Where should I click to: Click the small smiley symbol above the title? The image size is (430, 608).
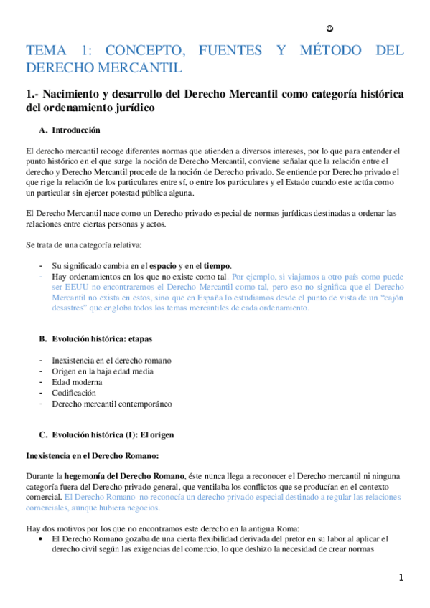pyautogui.click(x=329, y=29)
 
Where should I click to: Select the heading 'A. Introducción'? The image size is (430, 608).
pyautogui.click(x=75, y=130)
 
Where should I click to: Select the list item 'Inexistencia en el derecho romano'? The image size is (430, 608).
pyautogui.click(x=111, y=360)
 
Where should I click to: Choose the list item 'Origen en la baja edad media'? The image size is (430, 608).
pyautogui.click(x=103, y=371)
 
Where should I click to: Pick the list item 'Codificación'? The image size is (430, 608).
pyautogui.click(x=73, y=393)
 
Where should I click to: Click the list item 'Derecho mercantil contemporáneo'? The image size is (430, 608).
pyautogui.click(x=111, y=404)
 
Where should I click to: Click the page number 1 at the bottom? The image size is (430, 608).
pyautogui.click(x=402, y=578)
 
